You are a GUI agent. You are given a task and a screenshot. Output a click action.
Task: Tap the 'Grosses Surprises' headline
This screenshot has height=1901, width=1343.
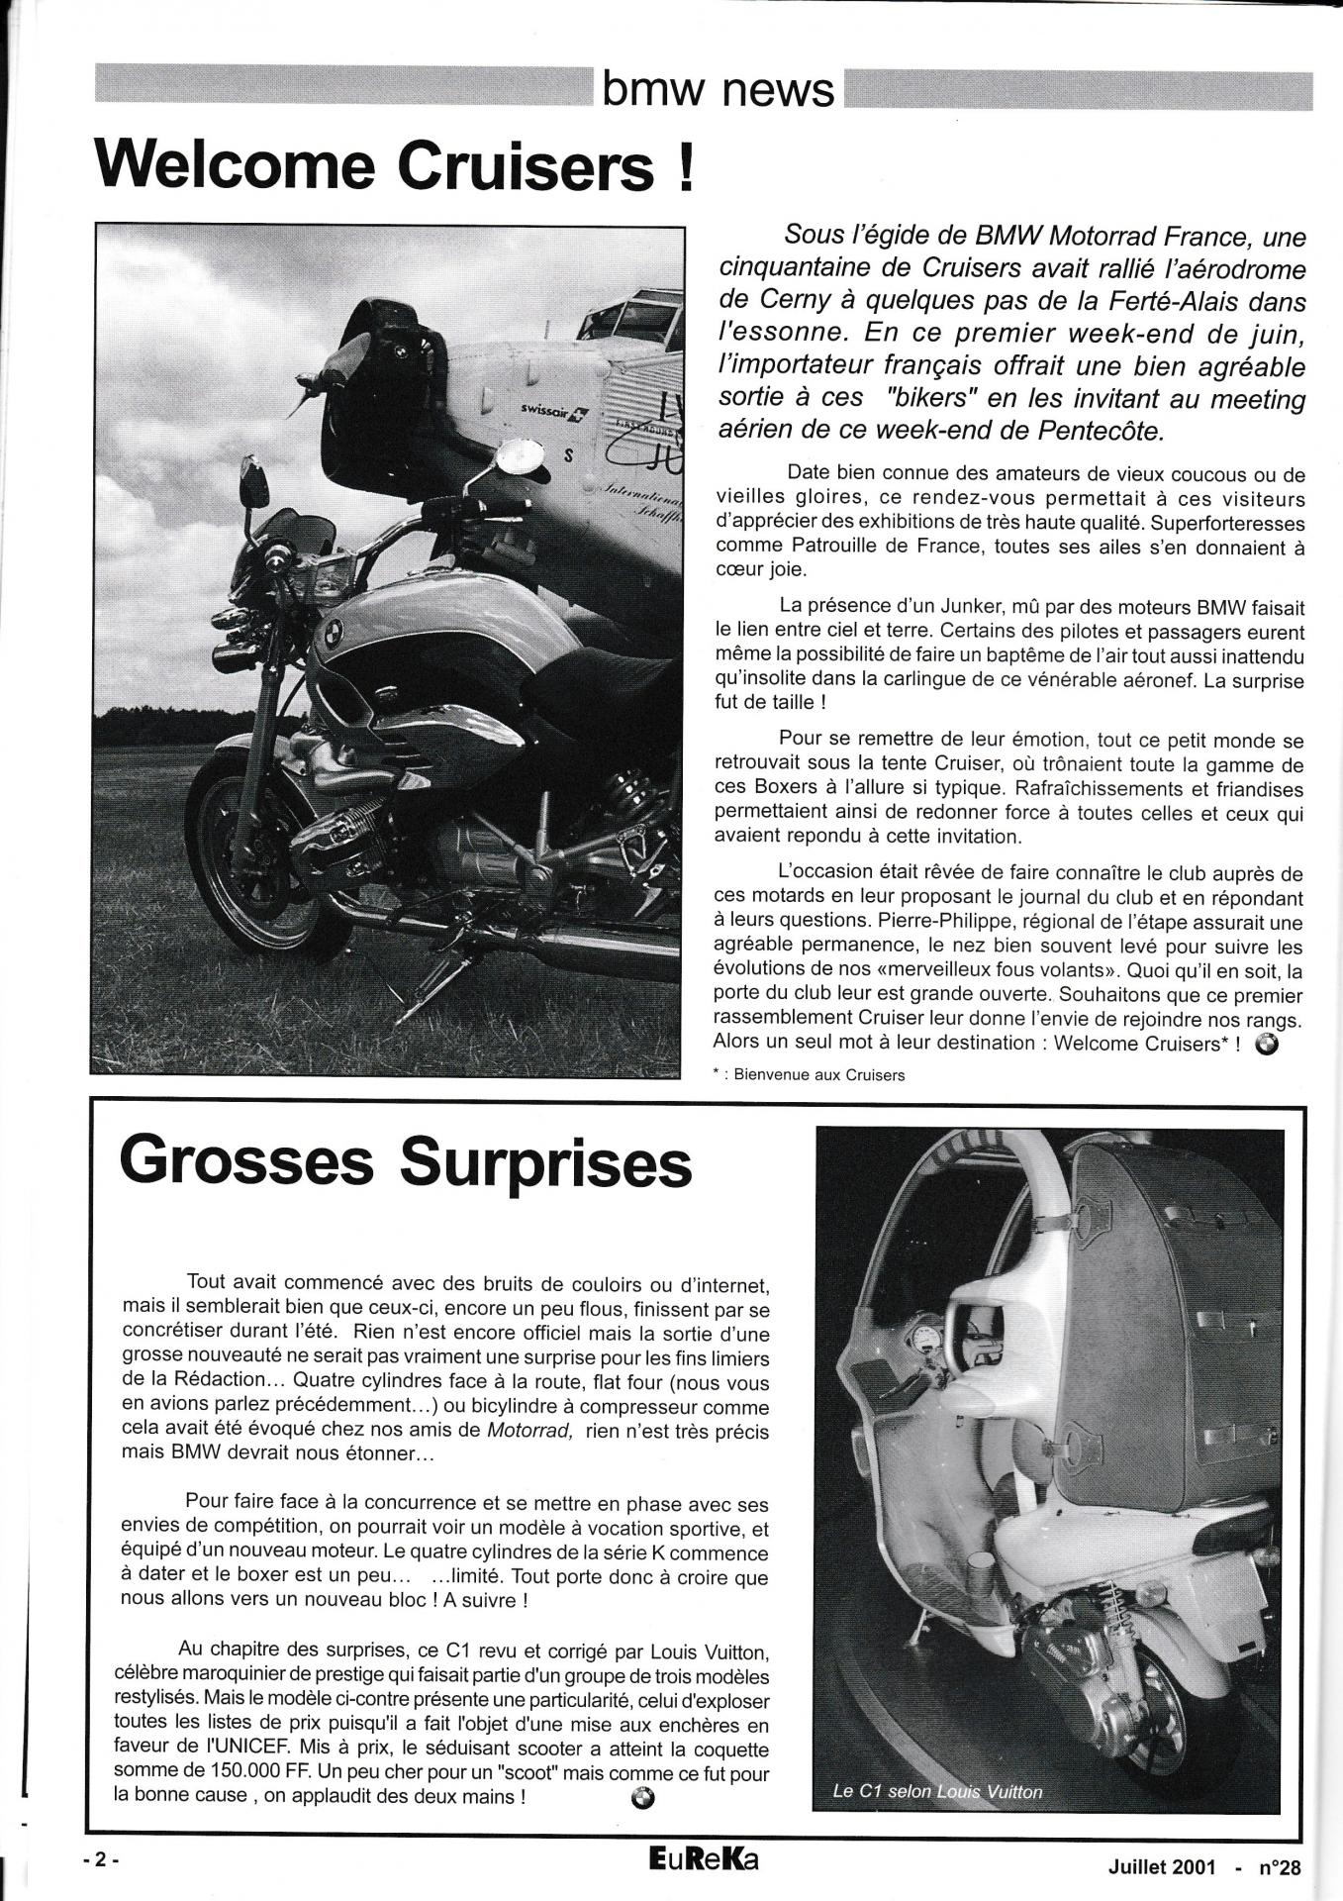pyautogui.click(x=405, y=1163)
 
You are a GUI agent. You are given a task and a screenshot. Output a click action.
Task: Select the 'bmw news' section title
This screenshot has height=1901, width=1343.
pyautogui.click(x=719, y=90)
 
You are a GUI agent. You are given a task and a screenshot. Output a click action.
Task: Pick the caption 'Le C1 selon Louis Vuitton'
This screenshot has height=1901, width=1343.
pyautogui.click(x=937, y=1791)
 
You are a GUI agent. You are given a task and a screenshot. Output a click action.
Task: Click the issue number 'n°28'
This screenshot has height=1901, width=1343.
pyautogui.click(x=1279, y=1867)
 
